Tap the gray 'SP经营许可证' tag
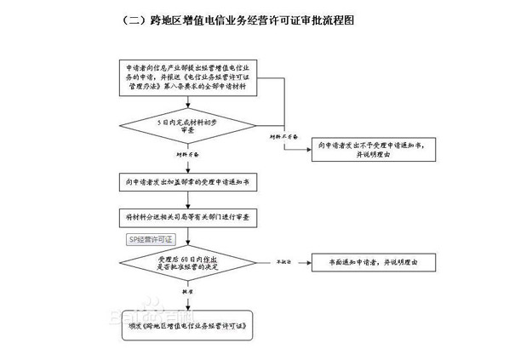click(150, 241)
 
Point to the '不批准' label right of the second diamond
click(281, 256)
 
